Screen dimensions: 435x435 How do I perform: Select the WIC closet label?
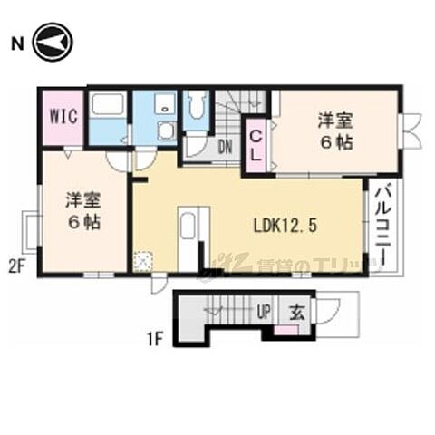coord(63,116)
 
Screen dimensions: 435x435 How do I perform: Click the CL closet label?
coord(256,146)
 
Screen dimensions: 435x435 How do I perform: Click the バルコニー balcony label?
coord(381,223)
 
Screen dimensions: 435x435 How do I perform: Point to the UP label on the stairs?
coord(265,313)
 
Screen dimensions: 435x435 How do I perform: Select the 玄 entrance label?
coord(296,313)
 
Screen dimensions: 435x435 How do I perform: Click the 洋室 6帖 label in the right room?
coord(333,130)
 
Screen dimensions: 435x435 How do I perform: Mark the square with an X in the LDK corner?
coord(143,259)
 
